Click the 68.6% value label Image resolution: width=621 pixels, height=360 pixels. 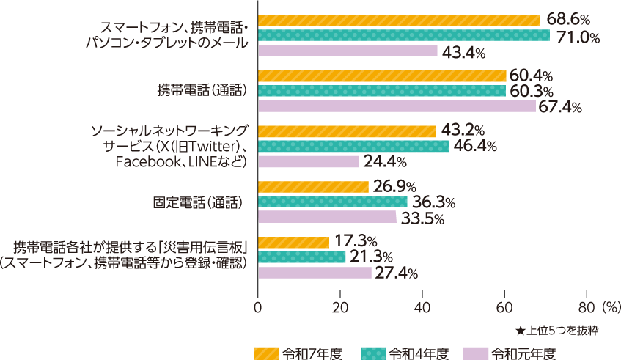(565, 19)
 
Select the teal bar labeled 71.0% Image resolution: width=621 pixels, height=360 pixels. (403, 35)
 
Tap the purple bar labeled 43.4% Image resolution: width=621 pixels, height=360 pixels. (348, 51)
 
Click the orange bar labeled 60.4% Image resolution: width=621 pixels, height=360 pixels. (382, 76)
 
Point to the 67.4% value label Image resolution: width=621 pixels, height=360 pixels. (560, 108)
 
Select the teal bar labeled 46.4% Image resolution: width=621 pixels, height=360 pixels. (353, 147)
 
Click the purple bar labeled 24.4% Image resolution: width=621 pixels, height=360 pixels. (309, 162)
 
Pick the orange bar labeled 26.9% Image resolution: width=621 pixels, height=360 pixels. (313, 187)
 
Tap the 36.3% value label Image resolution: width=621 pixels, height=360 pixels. (433, 202)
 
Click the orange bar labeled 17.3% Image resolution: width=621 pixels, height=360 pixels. (293, 242)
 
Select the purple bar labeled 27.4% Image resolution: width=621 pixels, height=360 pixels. (315, 273)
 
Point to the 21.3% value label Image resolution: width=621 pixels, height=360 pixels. (371, 257)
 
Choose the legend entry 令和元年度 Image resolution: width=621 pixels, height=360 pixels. (509, 353)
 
